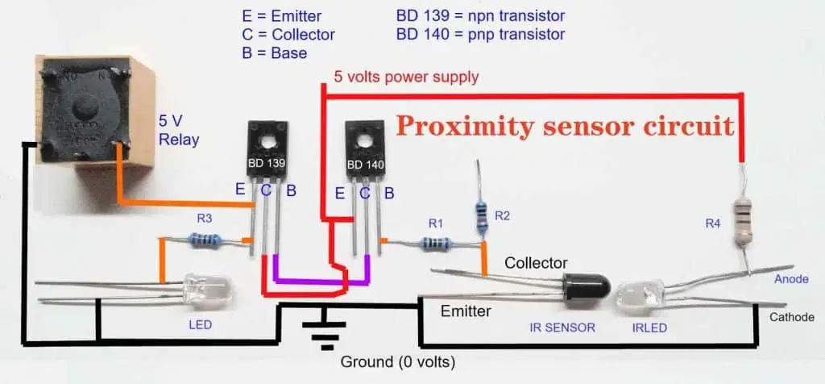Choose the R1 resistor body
coord(436,243)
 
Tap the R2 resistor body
coord(482,215)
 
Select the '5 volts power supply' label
coord(407,77)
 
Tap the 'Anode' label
coord(790,278)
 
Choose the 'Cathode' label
coord(792,317)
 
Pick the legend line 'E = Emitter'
coord(281,16)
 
